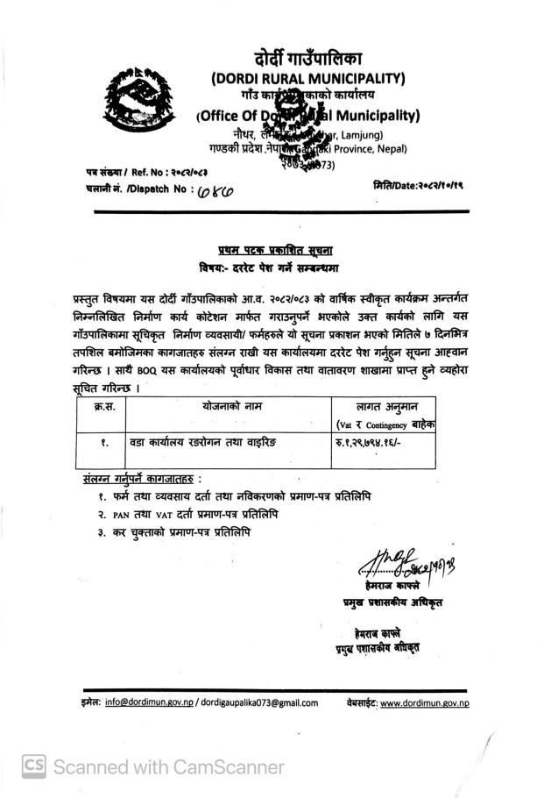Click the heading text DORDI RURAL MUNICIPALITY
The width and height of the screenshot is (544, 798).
click(307, 79)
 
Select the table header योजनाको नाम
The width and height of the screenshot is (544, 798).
click(232, 407)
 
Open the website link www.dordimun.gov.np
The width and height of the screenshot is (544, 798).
click(425, 702)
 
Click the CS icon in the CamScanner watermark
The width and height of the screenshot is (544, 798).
click(34, 767)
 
